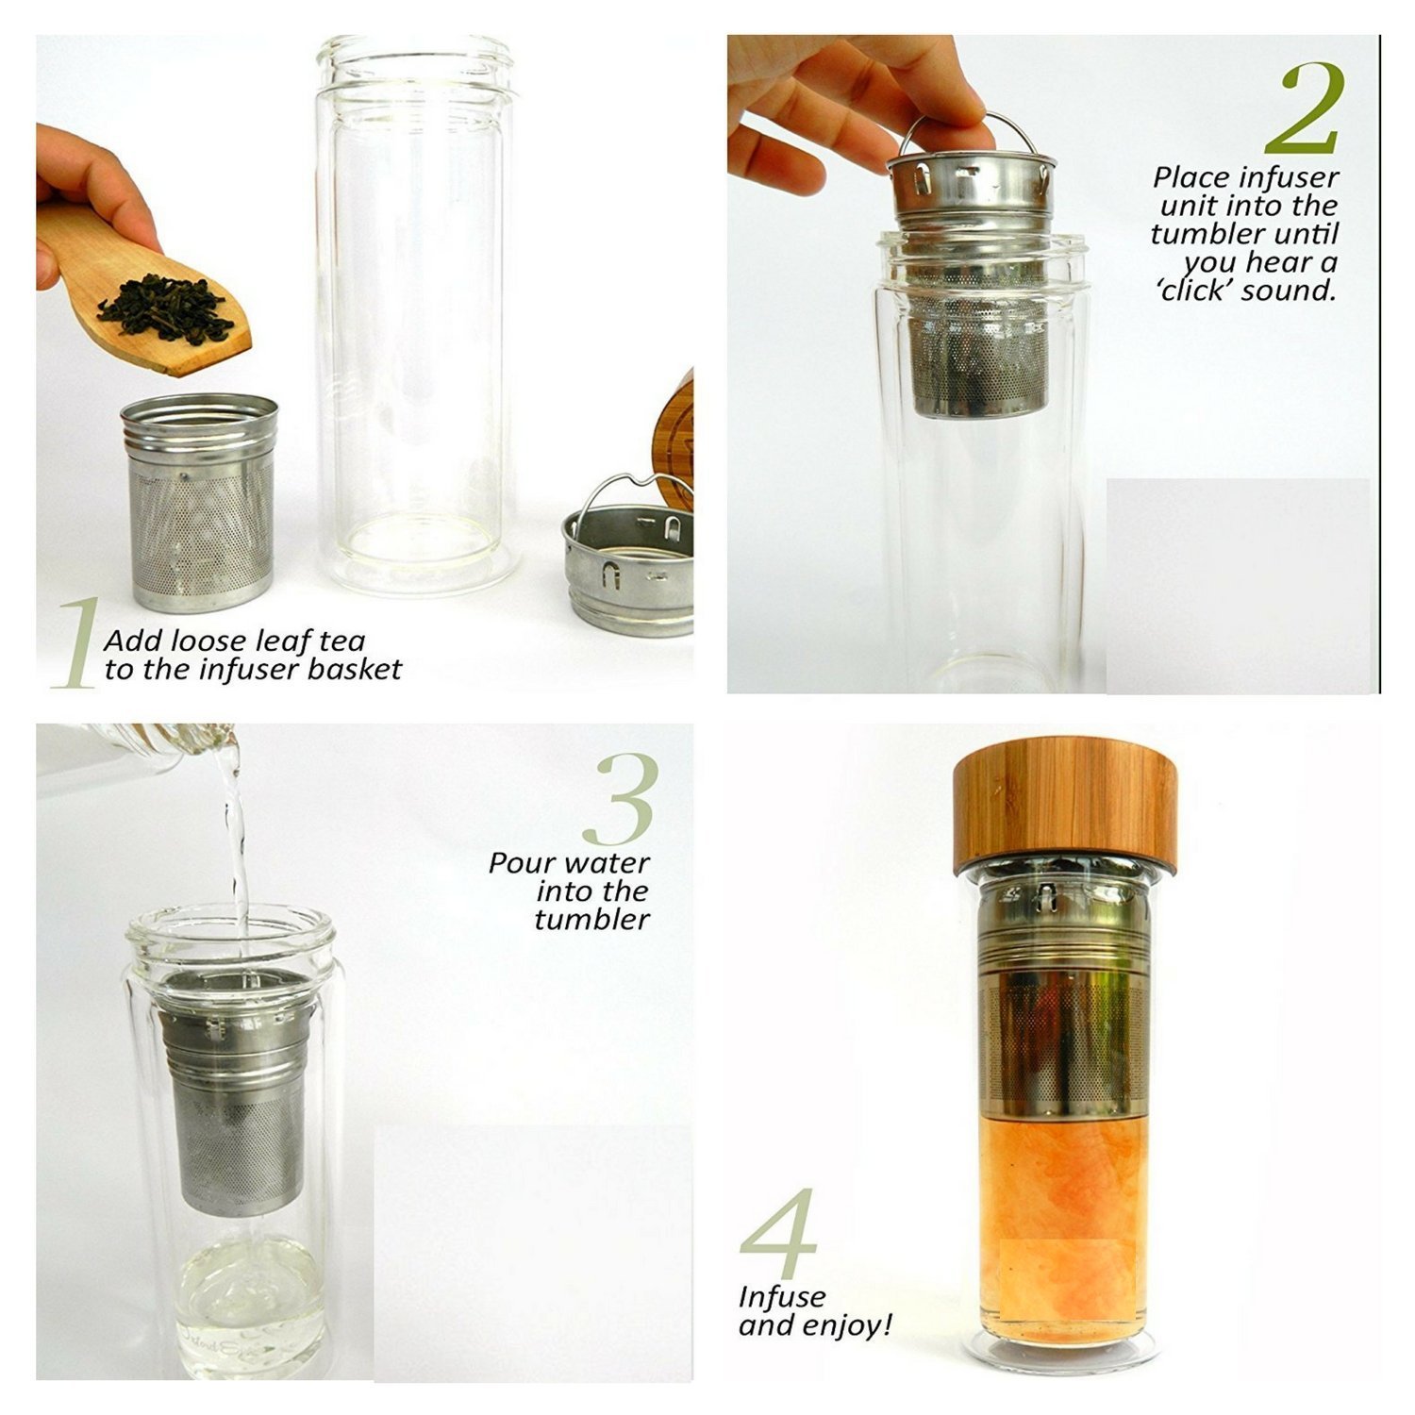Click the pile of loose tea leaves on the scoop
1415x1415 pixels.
coord(166,307)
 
